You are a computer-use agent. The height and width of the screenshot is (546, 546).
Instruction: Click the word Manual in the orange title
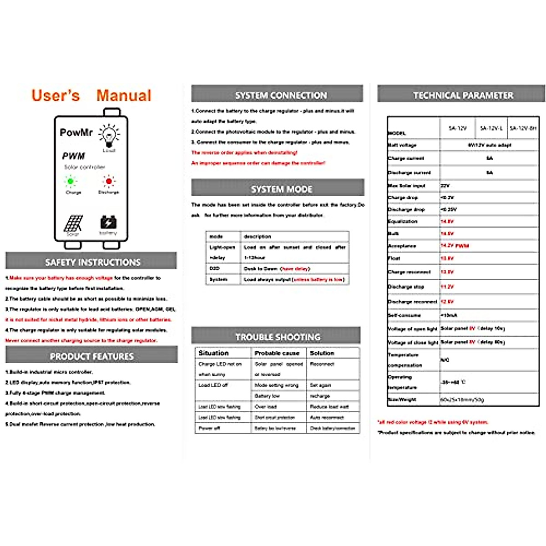coord(124,96)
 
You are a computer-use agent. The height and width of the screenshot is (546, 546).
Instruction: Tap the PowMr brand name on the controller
coord(76,132)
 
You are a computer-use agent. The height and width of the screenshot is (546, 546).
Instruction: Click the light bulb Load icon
coord(109,135)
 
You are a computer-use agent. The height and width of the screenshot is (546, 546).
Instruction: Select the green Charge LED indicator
coord(71,182)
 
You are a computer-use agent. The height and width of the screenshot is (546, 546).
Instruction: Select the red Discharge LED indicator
coord(108,182)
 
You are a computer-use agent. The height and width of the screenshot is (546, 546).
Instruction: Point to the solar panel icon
coord(73,223)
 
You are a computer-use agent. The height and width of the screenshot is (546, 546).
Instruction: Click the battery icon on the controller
coord(108,222)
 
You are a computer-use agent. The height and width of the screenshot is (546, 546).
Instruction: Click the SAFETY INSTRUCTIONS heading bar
coord(91,262)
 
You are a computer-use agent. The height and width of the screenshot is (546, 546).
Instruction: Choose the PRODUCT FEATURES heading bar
coord(91,356)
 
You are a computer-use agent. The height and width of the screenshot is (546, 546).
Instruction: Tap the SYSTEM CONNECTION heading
coord(277,95)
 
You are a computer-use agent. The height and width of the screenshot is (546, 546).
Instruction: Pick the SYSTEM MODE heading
coord(278,189)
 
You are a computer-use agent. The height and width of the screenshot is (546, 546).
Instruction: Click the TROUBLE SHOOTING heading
coord(276,337)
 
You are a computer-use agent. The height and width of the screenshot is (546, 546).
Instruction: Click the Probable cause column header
coord(277,353)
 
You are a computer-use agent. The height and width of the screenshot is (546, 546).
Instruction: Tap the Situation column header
coord(213,353)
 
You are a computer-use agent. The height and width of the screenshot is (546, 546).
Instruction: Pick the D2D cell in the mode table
coord(214,268)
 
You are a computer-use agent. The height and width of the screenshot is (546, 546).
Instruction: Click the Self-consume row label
coord(404,315)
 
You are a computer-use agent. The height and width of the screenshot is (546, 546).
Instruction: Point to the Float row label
coord(394,258)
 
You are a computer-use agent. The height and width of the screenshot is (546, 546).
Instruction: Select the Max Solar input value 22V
coord(445,186)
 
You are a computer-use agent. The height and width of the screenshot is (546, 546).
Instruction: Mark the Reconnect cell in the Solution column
coord(322,364)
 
